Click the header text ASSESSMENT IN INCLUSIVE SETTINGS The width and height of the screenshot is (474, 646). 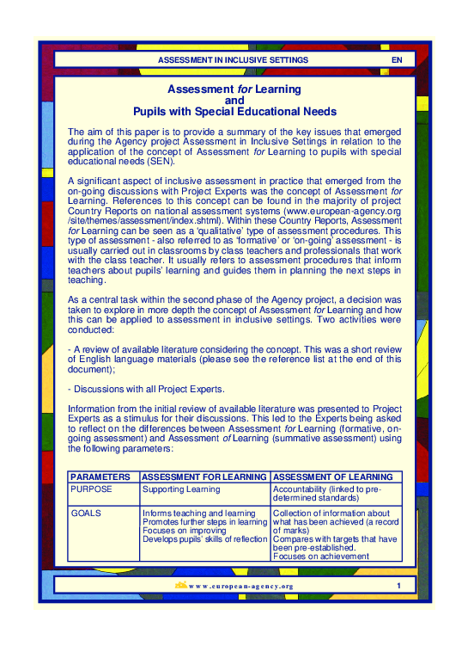tap(233, 60)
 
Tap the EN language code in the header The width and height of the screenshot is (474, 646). tap(396, 60)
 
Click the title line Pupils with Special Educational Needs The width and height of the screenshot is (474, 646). tap(234, 112)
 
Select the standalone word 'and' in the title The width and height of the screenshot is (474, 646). tap(234, 101)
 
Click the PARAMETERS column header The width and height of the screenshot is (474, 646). tap(100, 477)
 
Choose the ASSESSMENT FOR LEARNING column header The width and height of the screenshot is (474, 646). tap(204, 477)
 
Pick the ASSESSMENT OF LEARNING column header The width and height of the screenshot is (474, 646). tap(333, 477)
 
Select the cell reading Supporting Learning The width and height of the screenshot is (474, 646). tap(181, 489)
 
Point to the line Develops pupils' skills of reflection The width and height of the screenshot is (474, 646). tap(205, 539)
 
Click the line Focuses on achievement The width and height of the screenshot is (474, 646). tap(320, 557)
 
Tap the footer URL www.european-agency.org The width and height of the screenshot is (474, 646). tap(240, 587)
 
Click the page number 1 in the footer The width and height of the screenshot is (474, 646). tap(398, 586)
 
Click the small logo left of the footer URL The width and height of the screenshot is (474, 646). tap(180, 586)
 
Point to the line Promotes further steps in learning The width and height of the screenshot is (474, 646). tap(205, 522)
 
